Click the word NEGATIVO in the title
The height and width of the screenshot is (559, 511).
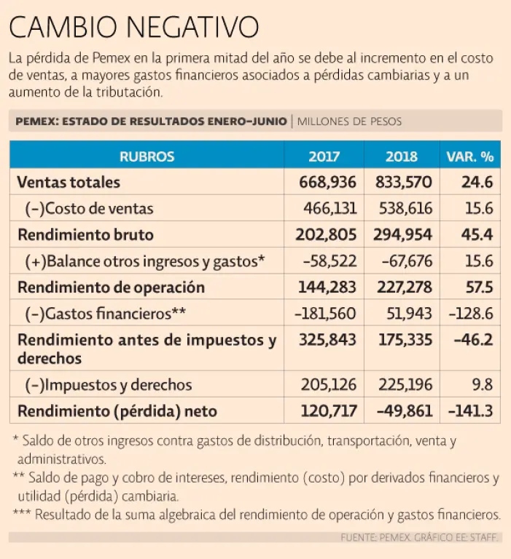pos(192,27)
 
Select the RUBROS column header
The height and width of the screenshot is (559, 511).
pos(147,156)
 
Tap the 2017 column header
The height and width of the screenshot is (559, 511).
pos(324,156)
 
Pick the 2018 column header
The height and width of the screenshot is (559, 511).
pos(401,156)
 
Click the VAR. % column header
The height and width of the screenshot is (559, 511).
pos(469,156)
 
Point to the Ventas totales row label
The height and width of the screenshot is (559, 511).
pos(69,182)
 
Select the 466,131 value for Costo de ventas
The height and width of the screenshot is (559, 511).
pos(329,209)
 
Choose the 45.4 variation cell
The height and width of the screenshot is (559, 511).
pos(477,235)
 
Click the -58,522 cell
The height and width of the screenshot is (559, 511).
pos(331,261)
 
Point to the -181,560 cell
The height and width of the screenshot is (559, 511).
pos(326,314)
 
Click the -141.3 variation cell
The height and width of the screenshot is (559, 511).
pos(472,411)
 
